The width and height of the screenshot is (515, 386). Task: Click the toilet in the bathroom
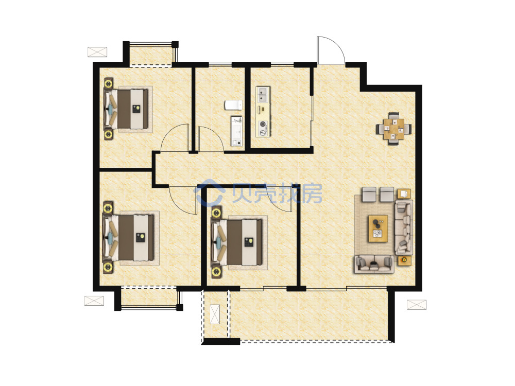233,105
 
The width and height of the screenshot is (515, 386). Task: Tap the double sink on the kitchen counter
263,95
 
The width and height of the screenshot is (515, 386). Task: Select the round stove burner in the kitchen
263,124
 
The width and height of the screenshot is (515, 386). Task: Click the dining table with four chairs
394,128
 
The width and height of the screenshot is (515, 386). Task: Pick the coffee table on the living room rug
378,229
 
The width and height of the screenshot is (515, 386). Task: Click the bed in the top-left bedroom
126,109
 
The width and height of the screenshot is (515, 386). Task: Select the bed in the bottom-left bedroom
129,238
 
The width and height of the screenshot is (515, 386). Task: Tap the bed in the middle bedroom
237,242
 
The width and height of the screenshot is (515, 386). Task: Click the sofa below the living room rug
374,264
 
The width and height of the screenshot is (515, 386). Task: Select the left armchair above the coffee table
369,195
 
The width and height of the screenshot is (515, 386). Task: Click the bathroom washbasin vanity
236,131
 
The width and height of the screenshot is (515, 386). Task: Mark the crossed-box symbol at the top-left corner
97,52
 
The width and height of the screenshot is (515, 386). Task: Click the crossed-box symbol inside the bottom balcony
215,314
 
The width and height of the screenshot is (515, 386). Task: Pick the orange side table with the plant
404,260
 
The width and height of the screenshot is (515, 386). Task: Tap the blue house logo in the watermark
209,192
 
